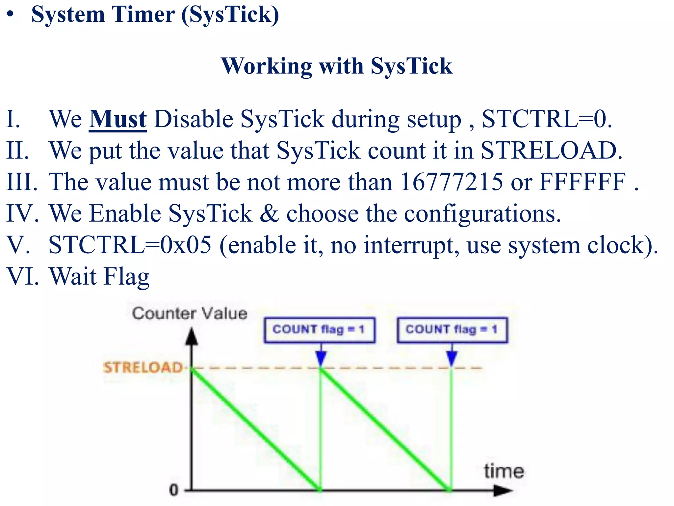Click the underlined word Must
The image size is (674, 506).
tap(117, 119)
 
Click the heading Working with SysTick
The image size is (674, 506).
tap(337, 66)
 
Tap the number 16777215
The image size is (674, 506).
tap(452, 182)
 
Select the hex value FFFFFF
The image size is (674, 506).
tap(583, 182)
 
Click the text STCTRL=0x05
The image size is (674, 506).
tap(130, 245)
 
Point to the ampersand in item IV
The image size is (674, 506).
tap(269, 213)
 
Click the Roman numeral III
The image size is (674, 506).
tap(22, 182)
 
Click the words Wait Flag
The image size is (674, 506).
tap(99, 277)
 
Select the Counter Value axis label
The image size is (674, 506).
tap(190, 313)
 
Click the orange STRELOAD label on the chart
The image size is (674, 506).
tap(143, 367)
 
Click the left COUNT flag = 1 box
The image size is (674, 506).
tap(319, 330)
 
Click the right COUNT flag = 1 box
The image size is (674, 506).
tap(452, 330)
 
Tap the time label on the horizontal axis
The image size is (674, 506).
tap(504, 471)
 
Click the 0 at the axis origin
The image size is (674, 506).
tap(173, 490)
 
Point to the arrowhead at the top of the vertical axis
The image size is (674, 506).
tap(192, 337)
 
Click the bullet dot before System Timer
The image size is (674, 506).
tap(11, 15)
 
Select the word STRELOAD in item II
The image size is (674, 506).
tap(551, 151)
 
